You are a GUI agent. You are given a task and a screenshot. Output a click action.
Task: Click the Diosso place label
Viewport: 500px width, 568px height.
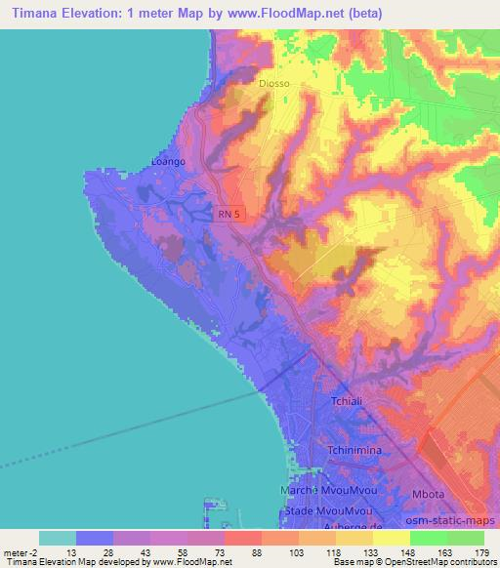pos(273,84)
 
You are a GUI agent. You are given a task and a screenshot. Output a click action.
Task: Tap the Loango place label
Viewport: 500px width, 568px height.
pos(169,162)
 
